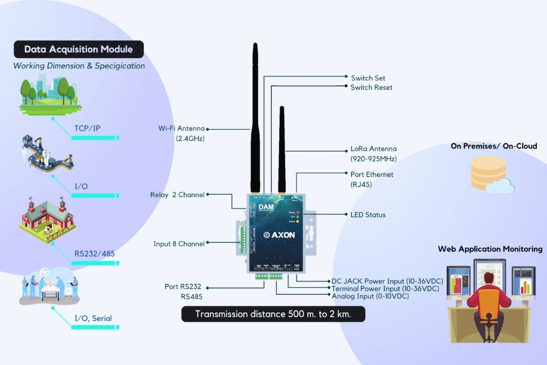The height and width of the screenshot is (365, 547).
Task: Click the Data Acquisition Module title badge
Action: click(x=78, y=49)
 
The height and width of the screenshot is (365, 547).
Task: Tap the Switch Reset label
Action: click(x=371, y=87)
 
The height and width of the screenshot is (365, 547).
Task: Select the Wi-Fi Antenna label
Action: click(x=181, y=129)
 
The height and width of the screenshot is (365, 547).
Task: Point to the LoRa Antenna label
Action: click(x=373, y=149)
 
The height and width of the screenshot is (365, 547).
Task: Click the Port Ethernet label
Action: click(x=372, y=174)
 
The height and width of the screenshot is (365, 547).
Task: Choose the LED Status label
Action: click(x=367, y=214)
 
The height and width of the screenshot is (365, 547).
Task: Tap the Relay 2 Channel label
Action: click(x=177, y=195)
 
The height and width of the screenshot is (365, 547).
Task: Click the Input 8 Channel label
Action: click(x=179, y=244)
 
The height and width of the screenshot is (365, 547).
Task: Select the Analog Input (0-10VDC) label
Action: click(x=370, y=296)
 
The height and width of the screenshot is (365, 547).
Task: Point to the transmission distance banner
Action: click(x=273, y=314)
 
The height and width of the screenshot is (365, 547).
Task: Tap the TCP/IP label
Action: click(x=87, y=128)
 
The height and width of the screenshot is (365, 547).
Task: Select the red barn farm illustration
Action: click(x=47, y=217)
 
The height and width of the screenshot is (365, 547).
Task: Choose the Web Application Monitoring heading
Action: click(x=490, y=249)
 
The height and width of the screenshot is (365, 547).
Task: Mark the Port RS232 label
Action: click(x=183, y=287)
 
